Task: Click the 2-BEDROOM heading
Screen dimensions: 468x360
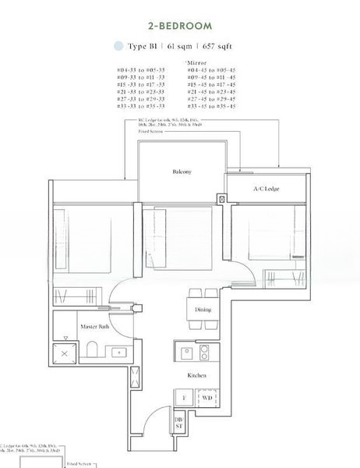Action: (181, 26)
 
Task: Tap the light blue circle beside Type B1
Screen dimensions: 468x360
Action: (118, 46)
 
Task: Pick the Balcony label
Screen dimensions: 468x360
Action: (182, 172)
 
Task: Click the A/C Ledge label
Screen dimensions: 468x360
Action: (266, 190)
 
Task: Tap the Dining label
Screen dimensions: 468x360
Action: (203, 310)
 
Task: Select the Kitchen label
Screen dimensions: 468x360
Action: (196, 375)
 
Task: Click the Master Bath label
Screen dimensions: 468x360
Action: (94, 326)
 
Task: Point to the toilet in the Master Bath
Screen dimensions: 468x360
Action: (91, 350)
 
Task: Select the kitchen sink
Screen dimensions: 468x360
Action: (188, 353)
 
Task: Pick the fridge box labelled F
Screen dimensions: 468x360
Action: (184, 399)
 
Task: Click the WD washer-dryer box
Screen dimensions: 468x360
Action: (206, 399)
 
